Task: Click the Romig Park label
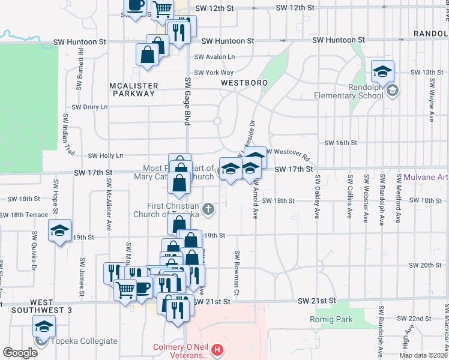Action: (x=331, y=319)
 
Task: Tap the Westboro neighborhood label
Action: (x=243, y=82)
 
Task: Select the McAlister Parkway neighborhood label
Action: (x=133, y=89)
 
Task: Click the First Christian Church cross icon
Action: (x=208, y=209)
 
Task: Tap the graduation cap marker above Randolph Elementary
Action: (x=382, y=73)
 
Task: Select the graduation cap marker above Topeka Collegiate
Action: (x=44, y=327)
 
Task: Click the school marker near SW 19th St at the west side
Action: (x=59, y=231)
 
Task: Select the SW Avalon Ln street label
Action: (x=214, y=57)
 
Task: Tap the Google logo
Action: (x=20, y=353)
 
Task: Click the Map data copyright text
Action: (x=424, y=355)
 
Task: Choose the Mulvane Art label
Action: (x=426, y=177)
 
